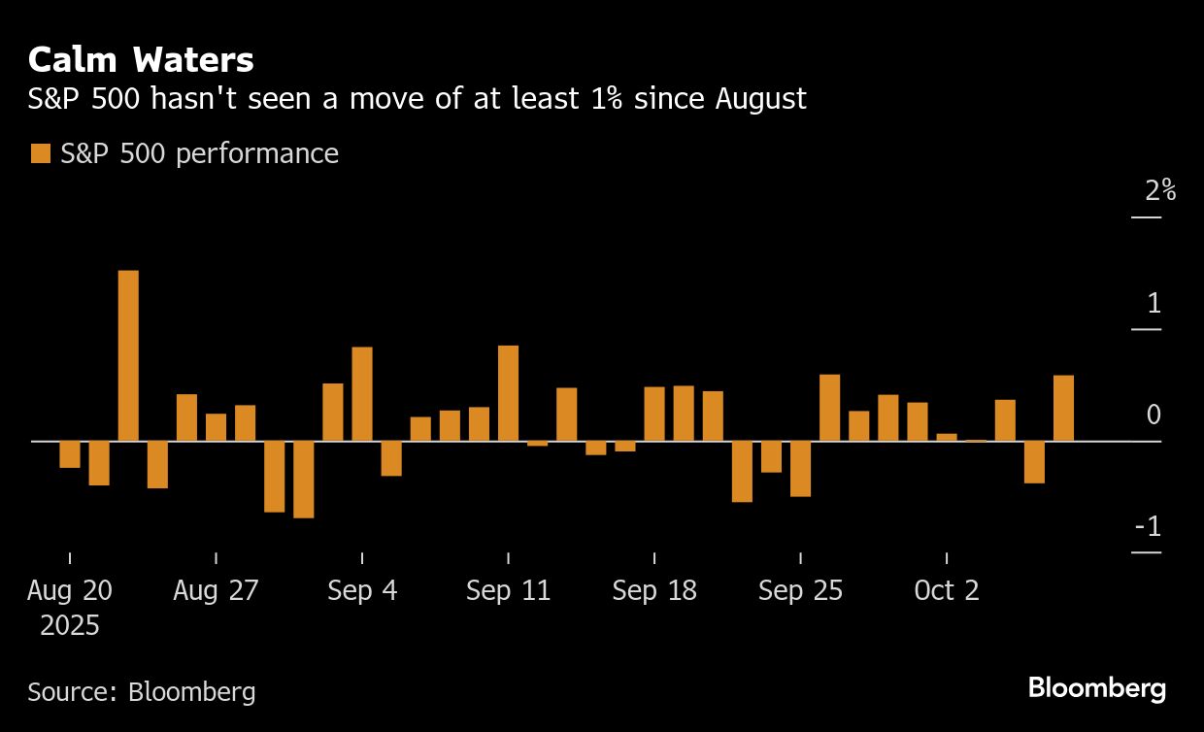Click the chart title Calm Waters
[x=141, y=60]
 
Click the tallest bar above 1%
[x=128, y=355]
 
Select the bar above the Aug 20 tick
[x=70, y=454]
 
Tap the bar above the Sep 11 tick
[x=508, y=393]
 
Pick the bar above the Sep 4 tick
[x=362, y=394]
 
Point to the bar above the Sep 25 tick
[x=800, y=469]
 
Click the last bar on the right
[x=1063, y=408]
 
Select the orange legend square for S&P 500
[x=40, y=153]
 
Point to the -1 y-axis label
[x=1149, y=527]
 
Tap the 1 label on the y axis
[x=1154, y=304]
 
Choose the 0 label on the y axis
[x=1154, y=416]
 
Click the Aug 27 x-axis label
[x=216, y=590]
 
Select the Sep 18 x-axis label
[x=654, y=590]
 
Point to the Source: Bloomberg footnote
[x=142, y=691]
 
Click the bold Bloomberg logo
[x=1097, y=688]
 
